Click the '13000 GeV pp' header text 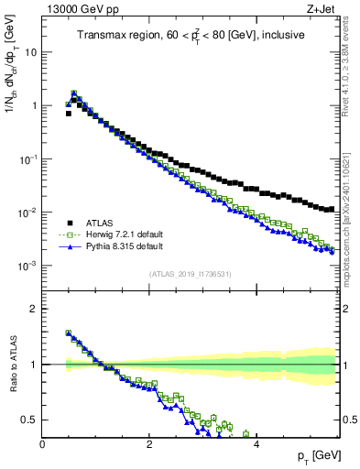(x=76, y=8)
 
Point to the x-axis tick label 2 (x=149, y=445)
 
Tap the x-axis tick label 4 (x=256, y=445)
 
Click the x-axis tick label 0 (x=43, y=445)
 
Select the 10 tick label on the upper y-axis (x=30, y=51)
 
